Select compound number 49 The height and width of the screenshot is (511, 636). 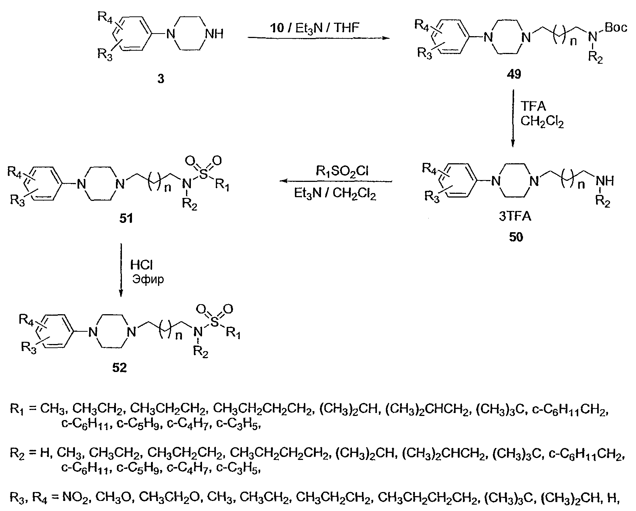click(513, 75)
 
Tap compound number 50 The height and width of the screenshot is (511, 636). click(516, 237)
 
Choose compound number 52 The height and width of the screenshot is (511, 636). click(120, 368)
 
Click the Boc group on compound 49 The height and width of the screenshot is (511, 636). click(616, 27)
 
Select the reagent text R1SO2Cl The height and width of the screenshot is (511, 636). click(342, 171)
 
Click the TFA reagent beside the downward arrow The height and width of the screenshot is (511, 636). click(533, 107)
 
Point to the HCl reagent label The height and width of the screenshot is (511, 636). click(141, 265)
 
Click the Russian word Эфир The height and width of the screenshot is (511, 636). click(148, 279)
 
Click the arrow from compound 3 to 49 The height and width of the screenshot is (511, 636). click(317, 38)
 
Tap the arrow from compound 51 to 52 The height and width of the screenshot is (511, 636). click(120, 270)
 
